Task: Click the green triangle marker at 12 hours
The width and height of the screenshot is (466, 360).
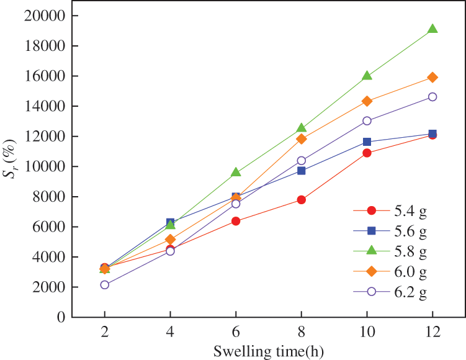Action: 432,29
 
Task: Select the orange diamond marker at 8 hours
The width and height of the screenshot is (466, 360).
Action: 302,139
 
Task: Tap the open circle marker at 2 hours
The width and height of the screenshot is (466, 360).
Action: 105,285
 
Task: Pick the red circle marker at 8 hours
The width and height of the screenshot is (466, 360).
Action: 302,200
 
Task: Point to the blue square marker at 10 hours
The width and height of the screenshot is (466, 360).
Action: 367,142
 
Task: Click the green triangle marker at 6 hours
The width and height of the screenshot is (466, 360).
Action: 236,173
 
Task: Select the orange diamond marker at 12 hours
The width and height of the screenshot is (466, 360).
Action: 432,77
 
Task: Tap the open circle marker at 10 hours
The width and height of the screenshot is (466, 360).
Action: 367,121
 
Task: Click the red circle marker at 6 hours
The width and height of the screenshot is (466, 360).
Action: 236,221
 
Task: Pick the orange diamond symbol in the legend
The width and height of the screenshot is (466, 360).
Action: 372,271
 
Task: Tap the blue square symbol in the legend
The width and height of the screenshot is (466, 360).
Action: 372,231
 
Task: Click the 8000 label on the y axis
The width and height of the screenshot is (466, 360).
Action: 50,197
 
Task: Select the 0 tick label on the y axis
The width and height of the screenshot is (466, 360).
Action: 61,317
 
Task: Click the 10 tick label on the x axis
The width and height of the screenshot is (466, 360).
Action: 367,333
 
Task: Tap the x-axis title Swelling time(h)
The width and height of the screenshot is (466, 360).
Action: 268,351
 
